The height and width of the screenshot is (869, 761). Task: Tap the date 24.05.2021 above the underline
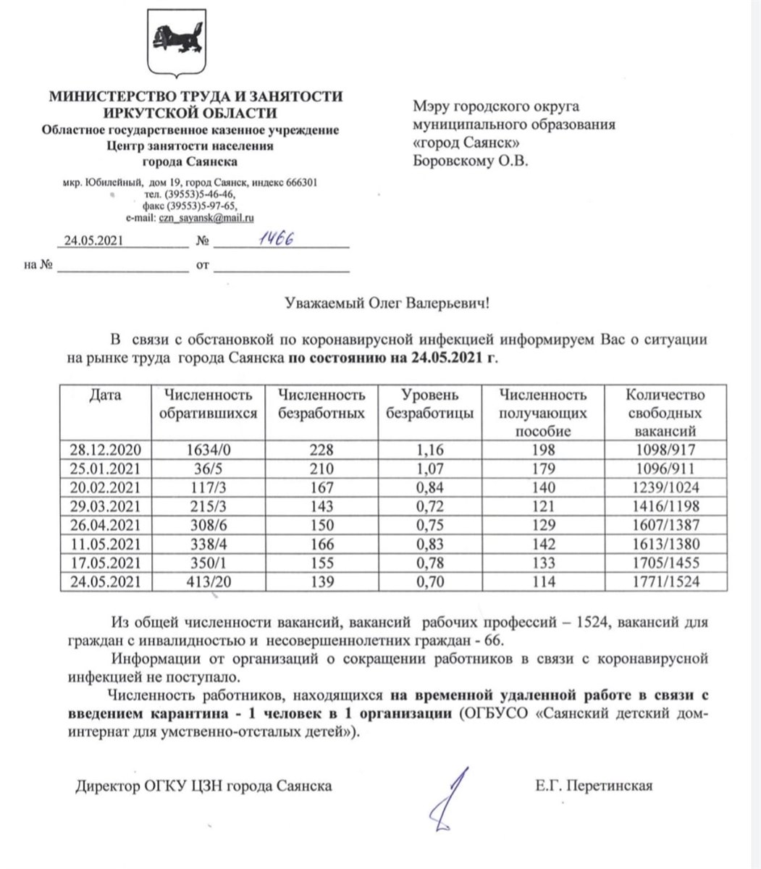pyautogui.click(x=96, y=241)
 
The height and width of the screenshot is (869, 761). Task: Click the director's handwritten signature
pyautogui.click(x=449, y=801)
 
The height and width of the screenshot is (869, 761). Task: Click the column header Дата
pyautogui.click(x=106, y=395)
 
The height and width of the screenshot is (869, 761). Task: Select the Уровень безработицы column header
pyautogui.click(x=432, y=405)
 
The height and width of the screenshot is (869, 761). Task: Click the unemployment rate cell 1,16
pyautogui.click(x=432, y=450)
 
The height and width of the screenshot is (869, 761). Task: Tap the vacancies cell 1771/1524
pyautogui.click(x=664, y=582)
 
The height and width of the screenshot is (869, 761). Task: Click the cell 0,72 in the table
pyautogui.click(x=432, y=506)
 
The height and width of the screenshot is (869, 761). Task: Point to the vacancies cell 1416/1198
pyautogui.click(x=664, y=506)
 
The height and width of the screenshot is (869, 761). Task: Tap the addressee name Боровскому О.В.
pyautogui.click(x=471, y=161)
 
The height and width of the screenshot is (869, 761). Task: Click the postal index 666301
pyautogui.click(x=300, y=182)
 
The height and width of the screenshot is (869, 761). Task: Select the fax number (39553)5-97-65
pyautogui.click(x=205, y=206)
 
